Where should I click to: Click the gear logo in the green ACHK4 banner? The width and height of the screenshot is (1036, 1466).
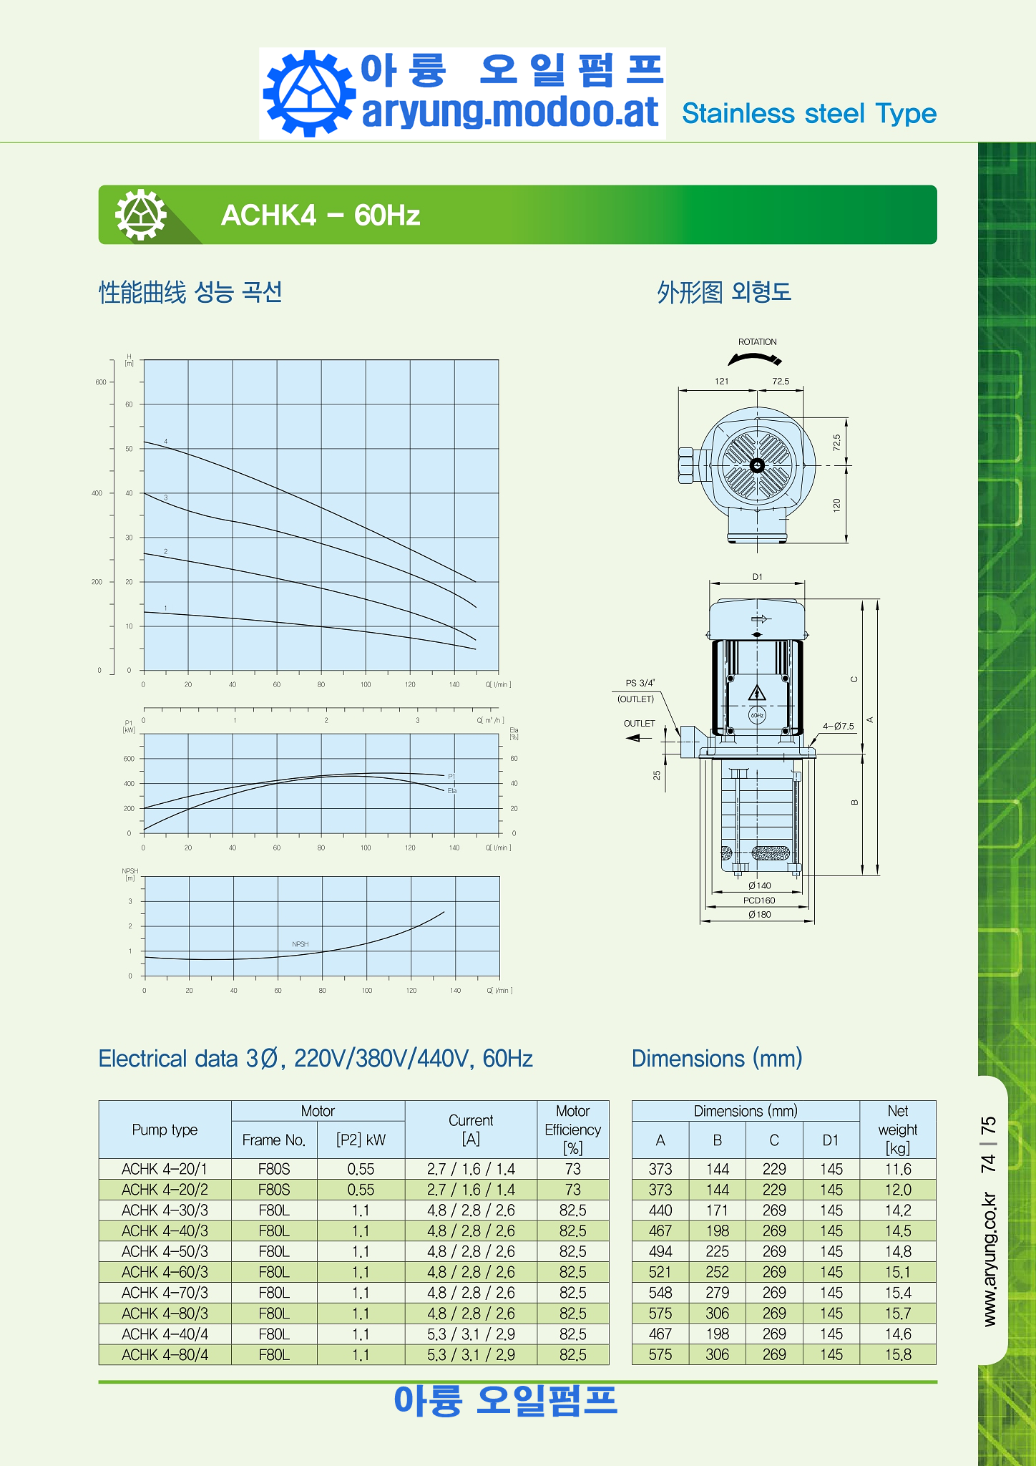click(141, 214)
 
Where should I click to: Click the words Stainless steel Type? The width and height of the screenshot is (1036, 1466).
click(809, 114)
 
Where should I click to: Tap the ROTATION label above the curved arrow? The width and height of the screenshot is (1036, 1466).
click(757, 342)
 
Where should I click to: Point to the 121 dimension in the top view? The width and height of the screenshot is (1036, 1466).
click(721, 382)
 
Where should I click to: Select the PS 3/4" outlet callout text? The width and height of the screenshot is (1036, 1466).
click(640, 683)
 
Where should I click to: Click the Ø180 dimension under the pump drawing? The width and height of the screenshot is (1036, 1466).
click(759, 914)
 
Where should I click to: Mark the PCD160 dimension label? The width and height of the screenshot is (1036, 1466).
click(759, 901)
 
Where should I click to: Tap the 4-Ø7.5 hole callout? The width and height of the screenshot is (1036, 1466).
click(838, 726)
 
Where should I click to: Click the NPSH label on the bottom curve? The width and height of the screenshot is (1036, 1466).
click(300, 944)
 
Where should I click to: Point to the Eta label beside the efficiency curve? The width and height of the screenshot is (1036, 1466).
click(452, 791)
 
